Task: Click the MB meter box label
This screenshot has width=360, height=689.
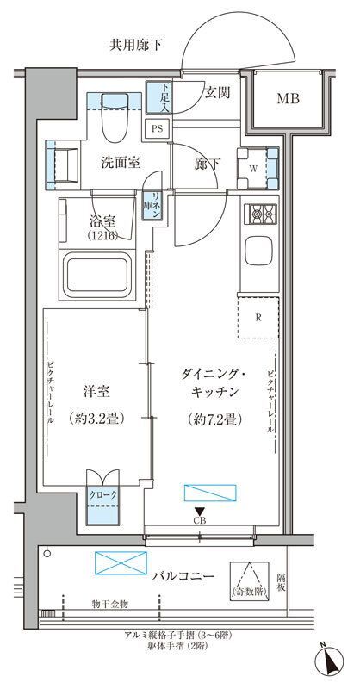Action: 288,99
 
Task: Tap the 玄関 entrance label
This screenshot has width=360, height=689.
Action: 217,93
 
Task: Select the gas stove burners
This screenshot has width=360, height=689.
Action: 260,213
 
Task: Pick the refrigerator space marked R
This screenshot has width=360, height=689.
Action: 258,317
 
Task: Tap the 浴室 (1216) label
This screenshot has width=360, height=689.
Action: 104,227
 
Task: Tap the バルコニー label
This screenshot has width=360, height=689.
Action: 177,575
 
